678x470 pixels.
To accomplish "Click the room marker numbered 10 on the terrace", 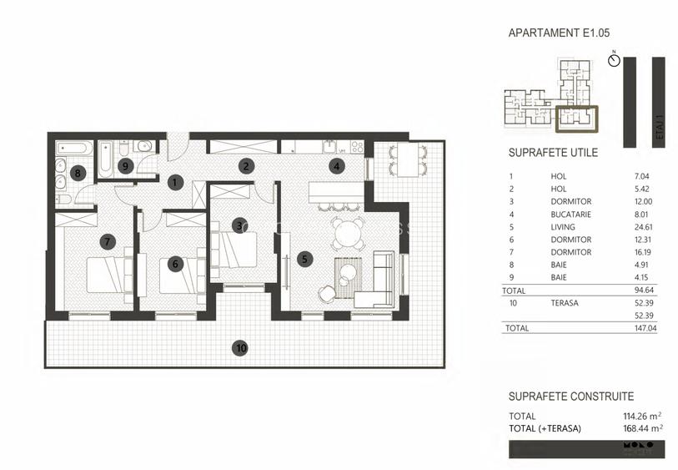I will pyautogui.click(x=240, y=348).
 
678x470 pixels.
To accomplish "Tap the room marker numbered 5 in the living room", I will pyautogui.click(x=305, y=259).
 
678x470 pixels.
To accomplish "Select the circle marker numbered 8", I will pyautogui.click(x=78, y=174).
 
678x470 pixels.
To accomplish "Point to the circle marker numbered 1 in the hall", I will pyautogui.click(x=175, y=180).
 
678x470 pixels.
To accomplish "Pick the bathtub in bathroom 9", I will pyautogui.click(x=106, y=160).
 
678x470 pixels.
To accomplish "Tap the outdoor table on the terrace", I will pyautogui.click(x=406, y=161).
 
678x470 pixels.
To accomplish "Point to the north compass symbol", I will pyautogui.click(x=614, y=62).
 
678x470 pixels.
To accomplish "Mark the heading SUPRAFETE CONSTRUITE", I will pyautogui.click(x=571, y=397).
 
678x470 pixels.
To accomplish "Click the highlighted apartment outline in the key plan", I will pyautogui.click(x=576, y=119).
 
